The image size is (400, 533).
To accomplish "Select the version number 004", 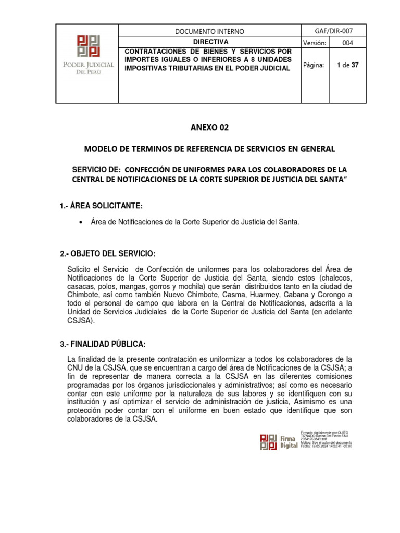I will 347,43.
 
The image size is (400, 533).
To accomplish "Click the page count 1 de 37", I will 347,66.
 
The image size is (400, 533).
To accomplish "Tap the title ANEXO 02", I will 210,127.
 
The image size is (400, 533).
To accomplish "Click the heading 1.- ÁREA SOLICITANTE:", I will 101,206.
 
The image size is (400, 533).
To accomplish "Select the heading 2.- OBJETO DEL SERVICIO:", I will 108,253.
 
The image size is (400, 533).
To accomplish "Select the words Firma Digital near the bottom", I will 289,441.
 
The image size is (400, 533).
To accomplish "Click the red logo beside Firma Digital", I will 268,441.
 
